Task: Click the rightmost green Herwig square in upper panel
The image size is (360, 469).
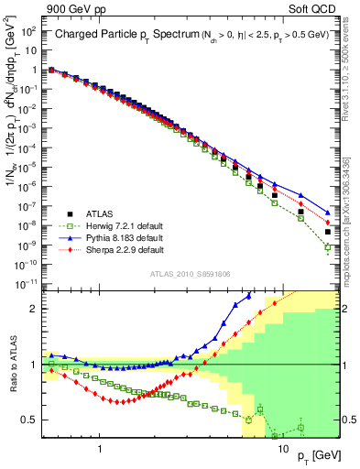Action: point(328,247)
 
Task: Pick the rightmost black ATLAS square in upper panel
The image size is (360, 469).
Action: point(328,232)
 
